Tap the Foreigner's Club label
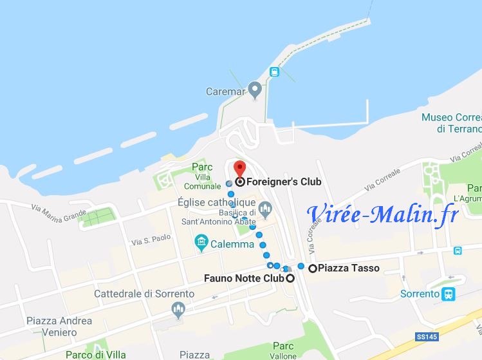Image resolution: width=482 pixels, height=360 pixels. (283, 182)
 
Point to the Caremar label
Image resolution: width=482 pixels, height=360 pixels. (225, 91)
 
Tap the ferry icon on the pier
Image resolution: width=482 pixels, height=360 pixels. (275, 72)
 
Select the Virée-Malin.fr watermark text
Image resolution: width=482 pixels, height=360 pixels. (382, 213)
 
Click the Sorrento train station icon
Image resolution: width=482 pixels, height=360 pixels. (449, 294)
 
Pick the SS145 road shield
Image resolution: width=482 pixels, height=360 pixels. (423, 336)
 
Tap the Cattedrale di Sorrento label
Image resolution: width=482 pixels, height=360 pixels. (144, 294)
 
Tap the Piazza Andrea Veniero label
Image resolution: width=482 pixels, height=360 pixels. (59, 327)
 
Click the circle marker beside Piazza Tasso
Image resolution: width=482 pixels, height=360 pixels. (313, 268)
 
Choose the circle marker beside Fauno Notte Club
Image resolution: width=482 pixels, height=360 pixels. (290, 279)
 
